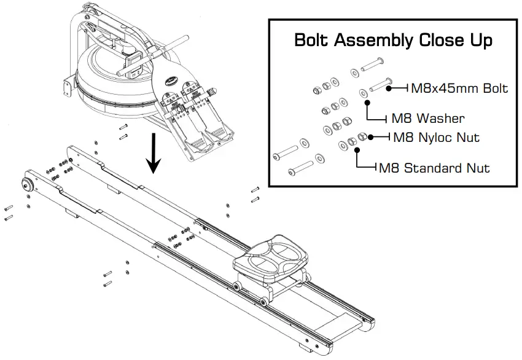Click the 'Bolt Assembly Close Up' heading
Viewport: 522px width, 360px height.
point(393,41)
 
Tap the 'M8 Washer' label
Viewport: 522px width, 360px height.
point(429,118)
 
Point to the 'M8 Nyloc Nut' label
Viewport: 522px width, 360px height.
point(436,138)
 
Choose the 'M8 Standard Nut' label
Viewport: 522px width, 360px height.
point(434,167)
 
